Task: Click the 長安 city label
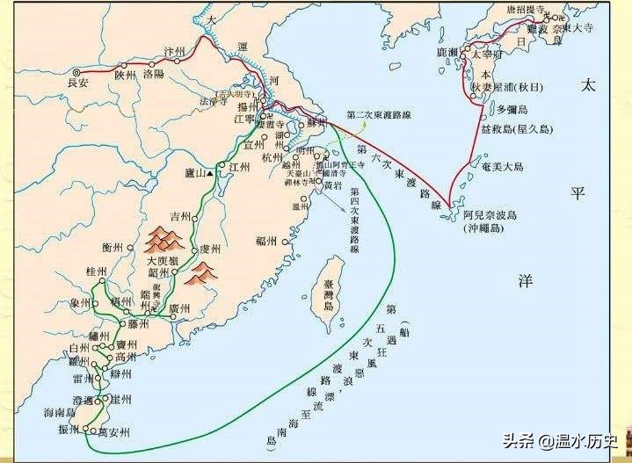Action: click(78, 83)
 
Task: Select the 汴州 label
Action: click(176, 53)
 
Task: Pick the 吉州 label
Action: click(180, 216)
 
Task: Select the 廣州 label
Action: click(178, 308)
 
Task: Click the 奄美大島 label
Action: click(502, 166)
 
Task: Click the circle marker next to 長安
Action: click(77, 72)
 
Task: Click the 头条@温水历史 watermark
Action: click(561, 440)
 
